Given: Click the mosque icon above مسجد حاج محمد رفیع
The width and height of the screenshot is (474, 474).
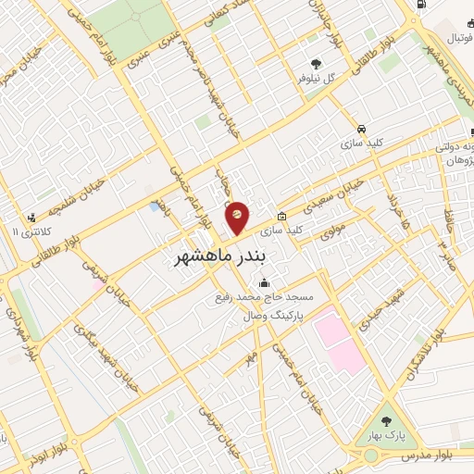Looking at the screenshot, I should click(x=266, y=283).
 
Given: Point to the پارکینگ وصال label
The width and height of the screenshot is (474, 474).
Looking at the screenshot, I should click(x=268, y=315).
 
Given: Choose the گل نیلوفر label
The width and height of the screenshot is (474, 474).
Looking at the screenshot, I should click(x=316, y=79).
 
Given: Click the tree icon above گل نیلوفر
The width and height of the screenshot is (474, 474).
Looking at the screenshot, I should click(x=316, y=64).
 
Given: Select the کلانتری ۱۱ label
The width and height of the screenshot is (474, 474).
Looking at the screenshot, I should click(x=31, y=230).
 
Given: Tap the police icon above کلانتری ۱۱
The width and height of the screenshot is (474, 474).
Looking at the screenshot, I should click(x=31, y=215).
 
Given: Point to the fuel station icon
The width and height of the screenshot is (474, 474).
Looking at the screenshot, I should click(x=423, y=6).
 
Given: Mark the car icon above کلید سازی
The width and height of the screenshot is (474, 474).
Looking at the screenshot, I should click(x=361, y=129).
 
